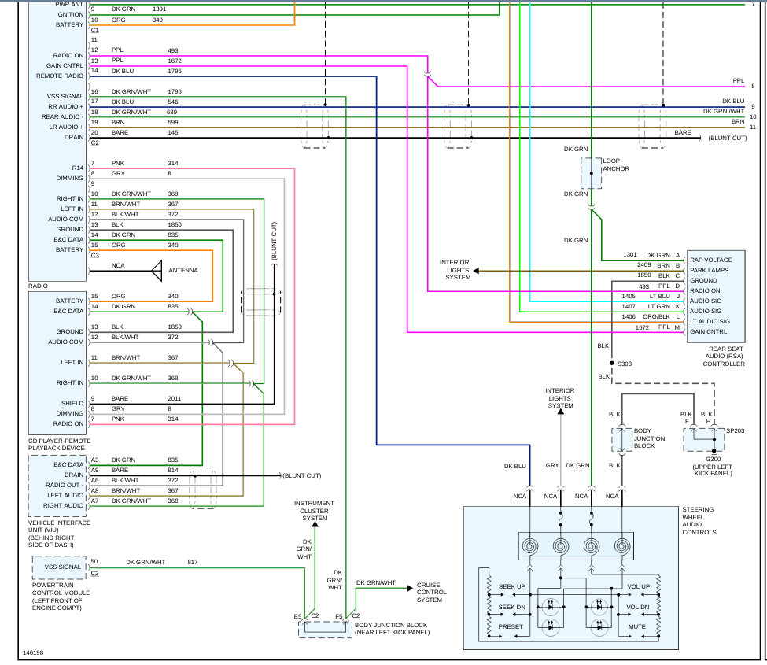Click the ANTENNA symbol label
183,271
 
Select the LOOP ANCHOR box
591,172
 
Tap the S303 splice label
625,364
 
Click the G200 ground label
713,459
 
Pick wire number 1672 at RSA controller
643,327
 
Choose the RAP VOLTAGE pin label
710,260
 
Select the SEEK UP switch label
511,587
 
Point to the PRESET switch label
510,627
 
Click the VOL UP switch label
638,587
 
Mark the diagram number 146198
33,653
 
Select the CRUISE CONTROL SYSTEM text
431,592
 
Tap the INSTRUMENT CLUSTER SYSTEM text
314,511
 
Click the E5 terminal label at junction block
298,615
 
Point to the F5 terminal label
339,615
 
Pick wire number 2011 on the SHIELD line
174,398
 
